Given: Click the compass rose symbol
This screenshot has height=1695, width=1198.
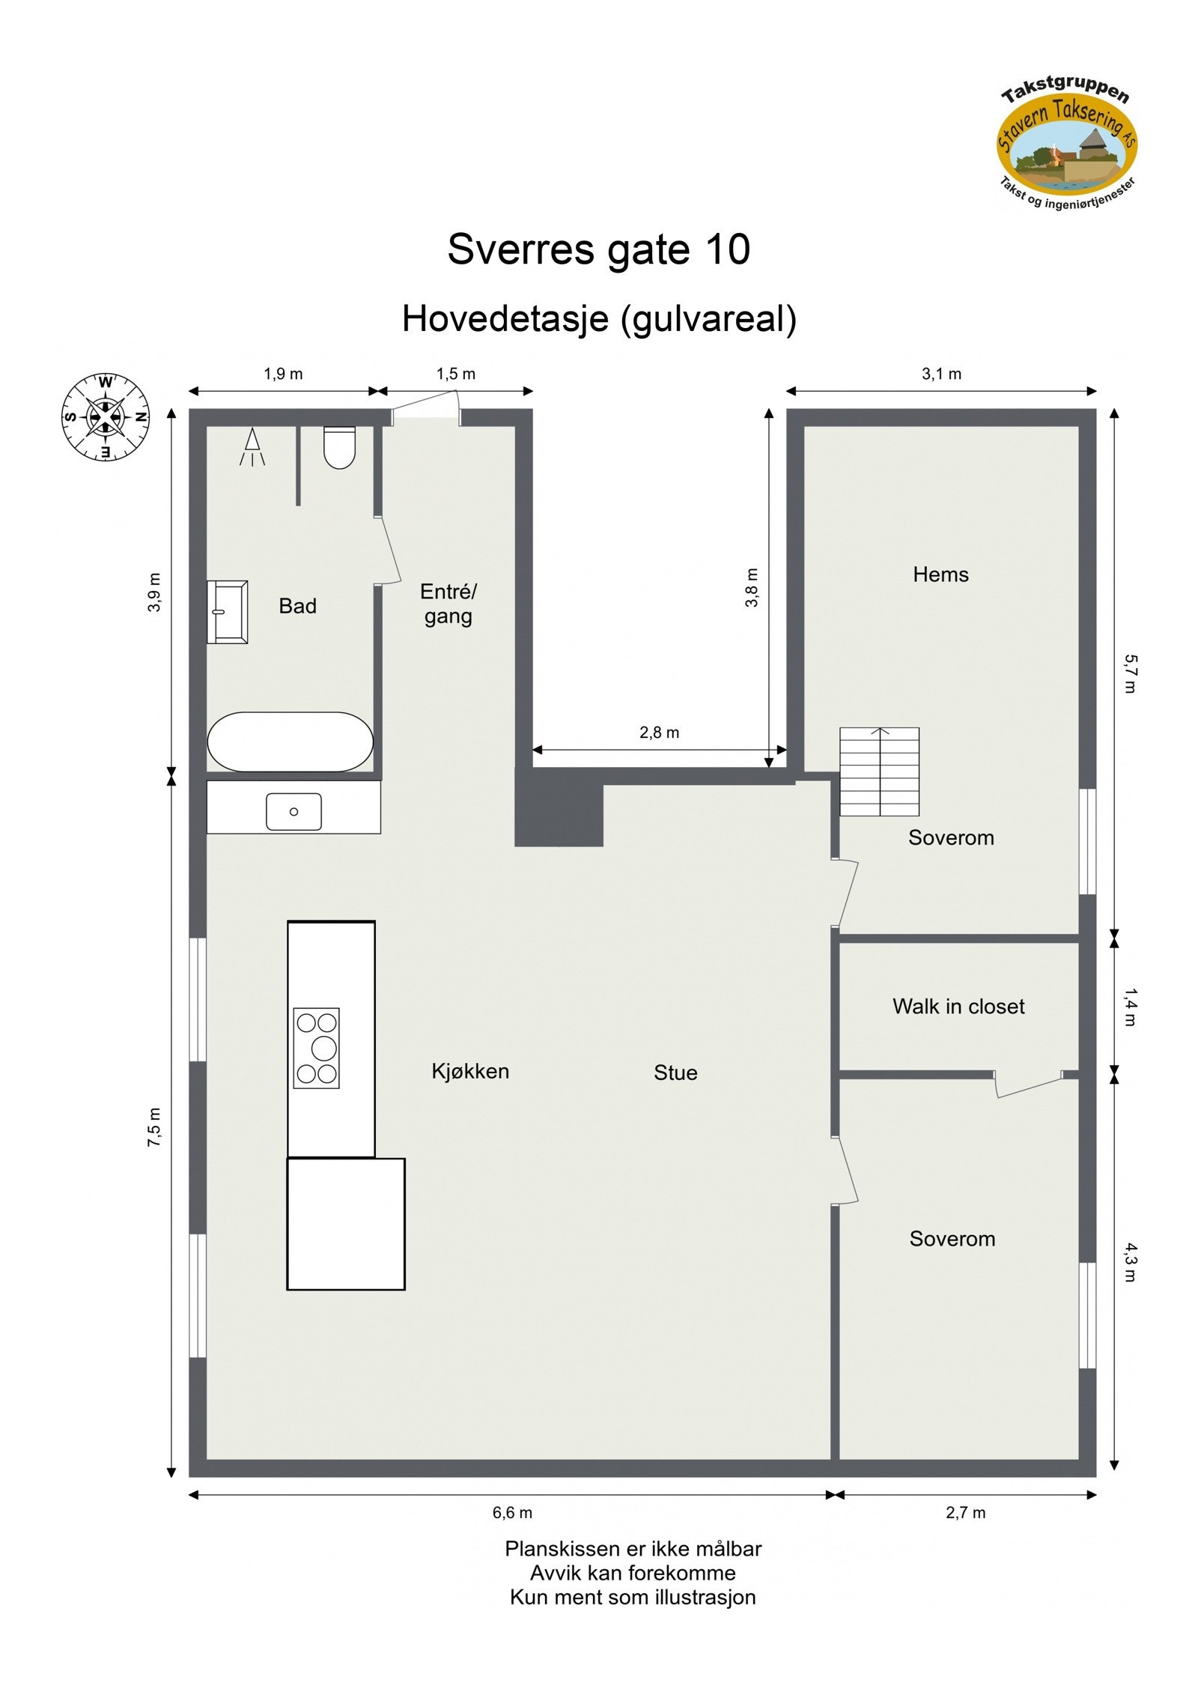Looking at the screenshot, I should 105,416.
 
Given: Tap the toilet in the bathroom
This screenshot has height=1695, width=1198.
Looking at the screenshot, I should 339,447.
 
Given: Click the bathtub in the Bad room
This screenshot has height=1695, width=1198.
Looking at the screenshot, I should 290,741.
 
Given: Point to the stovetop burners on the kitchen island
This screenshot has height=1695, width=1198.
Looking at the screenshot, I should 317,1047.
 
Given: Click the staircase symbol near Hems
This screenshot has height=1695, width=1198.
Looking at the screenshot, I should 879,771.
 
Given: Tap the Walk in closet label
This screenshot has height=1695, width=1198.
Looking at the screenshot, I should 958,1006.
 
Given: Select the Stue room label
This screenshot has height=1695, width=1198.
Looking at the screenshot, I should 675,1073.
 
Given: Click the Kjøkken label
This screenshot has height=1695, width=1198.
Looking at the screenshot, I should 470,1071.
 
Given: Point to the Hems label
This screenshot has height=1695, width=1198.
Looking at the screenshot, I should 940,574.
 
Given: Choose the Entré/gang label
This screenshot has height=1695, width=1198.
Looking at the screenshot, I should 448,604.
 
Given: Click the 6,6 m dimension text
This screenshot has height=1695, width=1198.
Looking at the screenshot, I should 512,1512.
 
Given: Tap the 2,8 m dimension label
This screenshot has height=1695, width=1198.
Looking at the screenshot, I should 659,733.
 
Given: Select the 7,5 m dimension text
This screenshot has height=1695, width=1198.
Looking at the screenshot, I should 154,1127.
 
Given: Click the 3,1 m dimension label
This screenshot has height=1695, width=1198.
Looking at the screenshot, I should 941,374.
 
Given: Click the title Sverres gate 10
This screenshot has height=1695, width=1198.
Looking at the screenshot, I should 598,249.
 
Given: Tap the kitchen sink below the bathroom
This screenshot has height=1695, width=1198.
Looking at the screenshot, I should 294,812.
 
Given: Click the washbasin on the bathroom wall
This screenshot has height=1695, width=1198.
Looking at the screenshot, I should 228,612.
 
